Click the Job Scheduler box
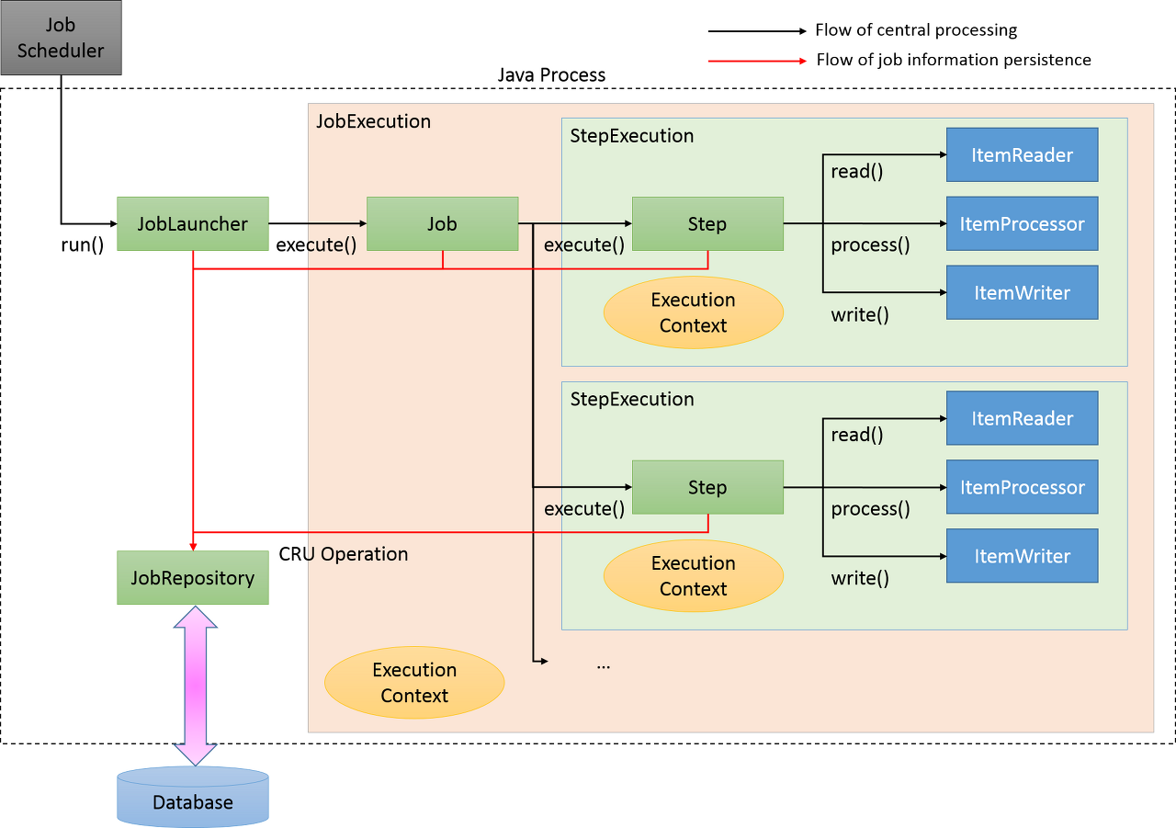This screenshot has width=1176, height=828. [61, 38]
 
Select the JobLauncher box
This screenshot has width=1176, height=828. [193, 223]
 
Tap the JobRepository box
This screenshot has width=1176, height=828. [193, 577]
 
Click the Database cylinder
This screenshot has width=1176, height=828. [193, 797]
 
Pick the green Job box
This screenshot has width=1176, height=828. [443, 223]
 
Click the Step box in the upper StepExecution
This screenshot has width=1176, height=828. [707, 223]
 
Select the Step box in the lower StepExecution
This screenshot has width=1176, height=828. [707, 487]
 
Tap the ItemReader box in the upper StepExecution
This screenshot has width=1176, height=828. [1023, 155]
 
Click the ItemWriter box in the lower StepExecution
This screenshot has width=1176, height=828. [1023, 556]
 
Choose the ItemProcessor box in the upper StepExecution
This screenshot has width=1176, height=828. [1023, 223]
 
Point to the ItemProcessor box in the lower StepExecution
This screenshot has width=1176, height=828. [1023, 487]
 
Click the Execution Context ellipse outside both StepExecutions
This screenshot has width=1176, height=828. [414, 683]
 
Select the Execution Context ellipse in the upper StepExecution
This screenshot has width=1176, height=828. [694, 312]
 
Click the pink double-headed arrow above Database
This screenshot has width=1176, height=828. [196, 686]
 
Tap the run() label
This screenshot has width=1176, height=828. [83, 245]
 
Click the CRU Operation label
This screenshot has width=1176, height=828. [344, 554]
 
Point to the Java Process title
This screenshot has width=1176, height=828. [551, 75]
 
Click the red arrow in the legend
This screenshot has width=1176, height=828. [757, 61]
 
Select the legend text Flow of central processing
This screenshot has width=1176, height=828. [916, 30]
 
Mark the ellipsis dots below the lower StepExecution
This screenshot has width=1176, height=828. [604, 667]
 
